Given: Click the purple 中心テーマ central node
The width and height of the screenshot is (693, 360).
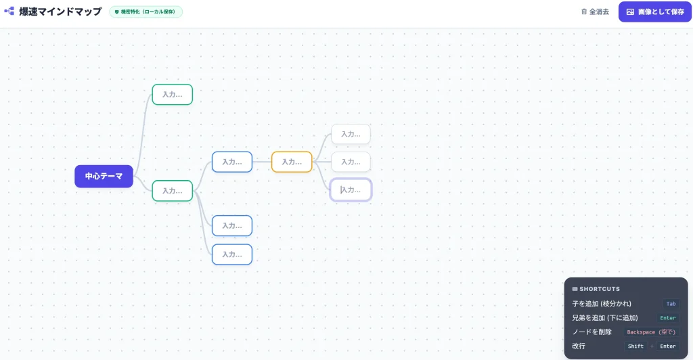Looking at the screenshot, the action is tap(104, 176).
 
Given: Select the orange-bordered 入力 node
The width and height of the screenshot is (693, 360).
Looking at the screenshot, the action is tap(292, 162).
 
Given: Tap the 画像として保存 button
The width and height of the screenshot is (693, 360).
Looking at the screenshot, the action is tap(655, 12).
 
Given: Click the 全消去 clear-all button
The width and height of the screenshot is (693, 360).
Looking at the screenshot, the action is tap(595, 12).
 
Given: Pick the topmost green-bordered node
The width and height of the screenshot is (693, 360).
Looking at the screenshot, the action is tap(173, 95).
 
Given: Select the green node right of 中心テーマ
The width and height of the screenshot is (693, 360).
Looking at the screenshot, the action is tap(173, 191).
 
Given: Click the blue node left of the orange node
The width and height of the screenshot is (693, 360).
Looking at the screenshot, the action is tap(232, 162).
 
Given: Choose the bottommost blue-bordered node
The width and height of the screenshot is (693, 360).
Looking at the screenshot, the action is tap(232, 254).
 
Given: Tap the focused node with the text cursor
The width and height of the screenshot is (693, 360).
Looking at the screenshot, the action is tap(351, 190).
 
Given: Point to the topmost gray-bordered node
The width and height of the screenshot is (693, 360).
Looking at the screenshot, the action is tap(351, 134).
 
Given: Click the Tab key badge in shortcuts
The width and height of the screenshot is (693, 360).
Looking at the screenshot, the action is tap(671, 304).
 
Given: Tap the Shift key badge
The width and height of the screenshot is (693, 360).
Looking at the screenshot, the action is tap(635, 346).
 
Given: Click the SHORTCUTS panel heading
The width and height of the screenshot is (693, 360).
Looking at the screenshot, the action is tap(596, 289).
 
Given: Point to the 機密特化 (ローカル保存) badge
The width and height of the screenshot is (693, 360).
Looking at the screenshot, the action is tap(146, 12).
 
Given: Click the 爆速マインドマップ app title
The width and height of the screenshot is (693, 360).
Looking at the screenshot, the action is tap(60, 12).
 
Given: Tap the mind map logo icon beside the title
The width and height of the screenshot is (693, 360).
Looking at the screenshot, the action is tap(9, 11).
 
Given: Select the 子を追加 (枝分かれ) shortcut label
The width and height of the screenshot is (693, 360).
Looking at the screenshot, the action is tap(602, 304).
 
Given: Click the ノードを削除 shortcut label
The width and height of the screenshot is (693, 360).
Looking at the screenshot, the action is tap(591, 332).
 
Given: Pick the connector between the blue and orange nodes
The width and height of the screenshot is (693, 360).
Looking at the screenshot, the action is tap(262, 162).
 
